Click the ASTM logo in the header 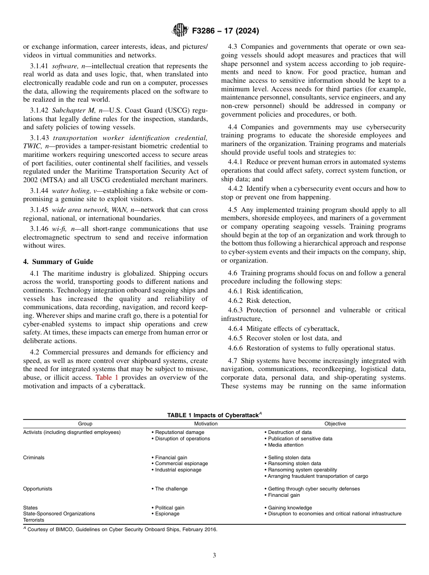pos(180,31)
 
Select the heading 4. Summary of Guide pos(58,262)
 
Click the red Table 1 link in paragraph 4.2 pos(107,377)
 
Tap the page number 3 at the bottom pos(214,556)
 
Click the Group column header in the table pos(85,424)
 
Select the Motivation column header pos(205,424)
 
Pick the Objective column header pos(335,424)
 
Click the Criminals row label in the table pos(34,457)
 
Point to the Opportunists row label pos(37,489)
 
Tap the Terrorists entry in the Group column pos(34,520)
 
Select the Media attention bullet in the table pos(285,445)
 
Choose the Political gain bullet pos(169,508)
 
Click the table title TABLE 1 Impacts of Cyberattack pos(214,415)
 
